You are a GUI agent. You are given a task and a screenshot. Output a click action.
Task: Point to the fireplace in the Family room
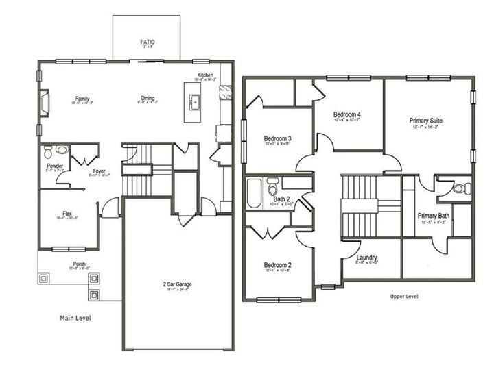(45, 103)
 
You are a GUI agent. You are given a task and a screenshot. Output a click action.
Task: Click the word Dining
(147, 98)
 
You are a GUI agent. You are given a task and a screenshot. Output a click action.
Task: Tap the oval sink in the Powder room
(62, 149)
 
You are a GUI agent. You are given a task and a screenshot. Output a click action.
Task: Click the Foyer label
(99, 171)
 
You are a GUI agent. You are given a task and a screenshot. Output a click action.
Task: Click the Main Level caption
(75, 318)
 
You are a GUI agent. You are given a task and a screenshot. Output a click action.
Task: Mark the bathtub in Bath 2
(255, 192)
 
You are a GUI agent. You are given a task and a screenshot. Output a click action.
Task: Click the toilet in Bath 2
(272, 186)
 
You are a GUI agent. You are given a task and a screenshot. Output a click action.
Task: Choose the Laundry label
(368, 258)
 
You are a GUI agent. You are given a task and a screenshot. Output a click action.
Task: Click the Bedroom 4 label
(348, 114)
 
